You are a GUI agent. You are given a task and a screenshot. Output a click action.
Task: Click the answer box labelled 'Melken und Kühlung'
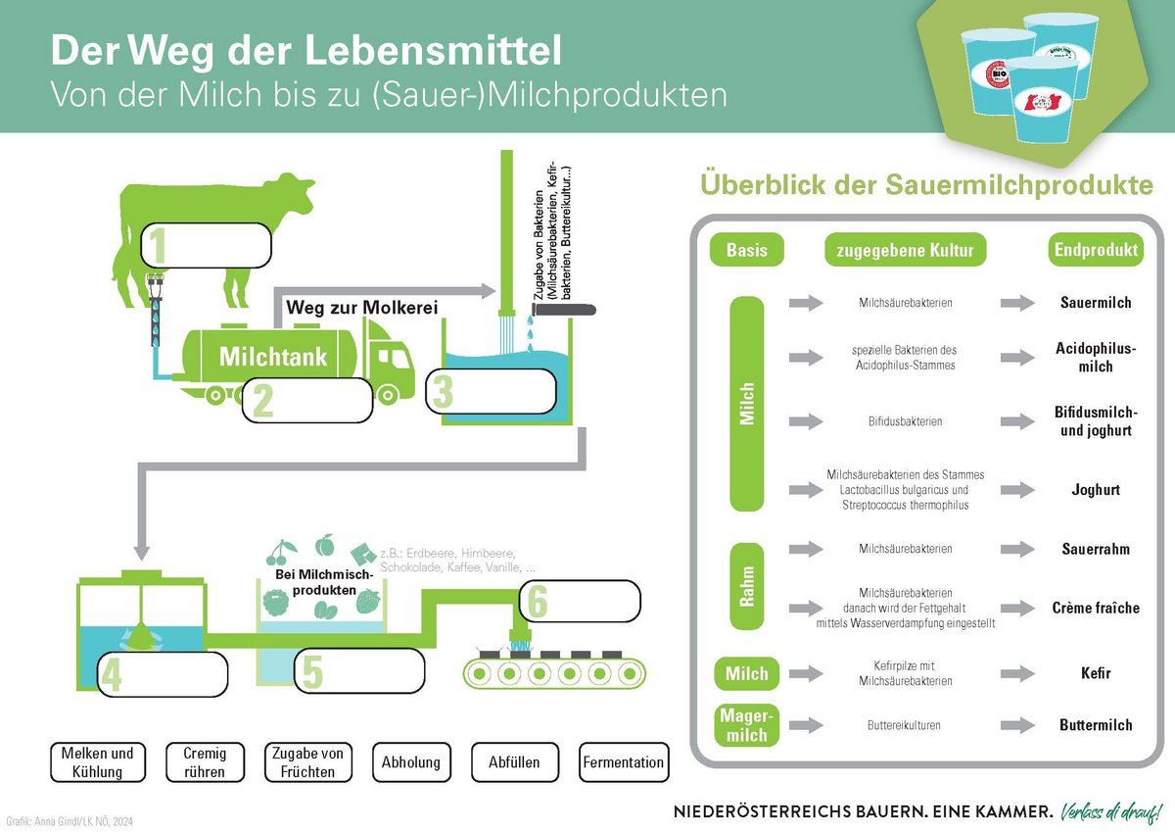pyautogui.click(x=97, y=762)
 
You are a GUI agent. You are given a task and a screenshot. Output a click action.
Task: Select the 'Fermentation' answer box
pyautogui.click(x=623, y=762)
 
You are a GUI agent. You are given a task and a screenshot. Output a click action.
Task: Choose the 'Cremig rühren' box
pyautogui.click(x=204, y=762)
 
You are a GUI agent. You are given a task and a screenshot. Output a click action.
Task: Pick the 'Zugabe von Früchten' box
pyautogui.click(x=305, y=762)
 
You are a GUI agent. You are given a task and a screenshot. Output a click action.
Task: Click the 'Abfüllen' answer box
pyautogui.click(x=514, y=762)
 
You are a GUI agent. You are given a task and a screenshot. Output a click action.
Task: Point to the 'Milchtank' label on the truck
pyautogui.click(x=272, y=356)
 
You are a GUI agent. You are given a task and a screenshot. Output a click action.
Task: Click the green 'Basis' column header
pyautogui.click(x=747, y=251)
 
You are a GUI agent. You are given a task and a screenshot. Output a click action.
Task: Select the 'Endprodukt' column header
pyautogui.click(x=1096, y=251)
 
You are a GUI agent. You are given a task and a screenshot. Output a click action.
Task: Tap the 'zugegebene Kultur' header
pyautogui.click(x=905, y=251)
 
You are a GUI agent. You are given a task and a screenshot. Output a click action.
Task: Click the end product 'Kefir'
pyautogui.click(x=1096, y=673)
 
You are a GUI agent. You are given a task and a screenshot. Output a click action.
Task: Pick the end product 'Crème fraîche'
pyautogui.click(x=1096, y=608)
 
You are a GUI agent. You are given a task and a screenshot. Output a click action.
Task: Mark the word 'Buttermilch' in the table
pyautogui.click(x=1096, y=725)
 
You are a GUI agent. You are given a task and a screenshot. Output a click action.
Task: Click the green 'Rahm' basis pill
pyautogui.click(x=747, y=585)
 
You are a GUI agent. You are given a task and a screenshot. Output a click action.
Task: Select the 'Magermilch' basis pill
pyautogui.click(x=747, y=725)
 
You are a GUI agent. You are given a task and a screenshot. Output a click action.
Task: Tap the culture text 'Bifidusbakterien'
pyautogui.click(x=905, y=421)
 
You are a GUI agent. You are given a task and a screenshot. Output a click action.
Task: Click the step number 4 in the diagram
pyautogui.click(x=112, y=675)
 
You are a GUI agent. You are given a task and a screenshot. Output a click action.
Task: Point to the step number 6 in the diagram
pyautogui.click(x=537, y=601)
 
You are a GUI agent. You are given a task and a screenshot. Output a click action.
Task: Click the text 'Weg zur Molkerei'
pyautogui.click(x=360, y=308)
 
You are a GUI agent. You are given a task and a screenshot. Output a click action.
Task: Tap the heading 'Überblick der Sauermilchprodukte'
pyautogui.click(x=925, y=186)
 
